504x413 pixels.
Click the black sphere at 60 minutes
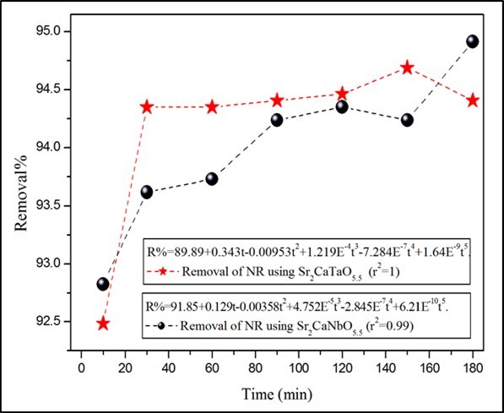[x=212, y=178]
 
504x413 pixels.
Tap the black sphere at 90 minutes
[x=277, y=120]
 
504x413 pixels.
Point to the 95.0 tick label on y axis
[x=56, y=31]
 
